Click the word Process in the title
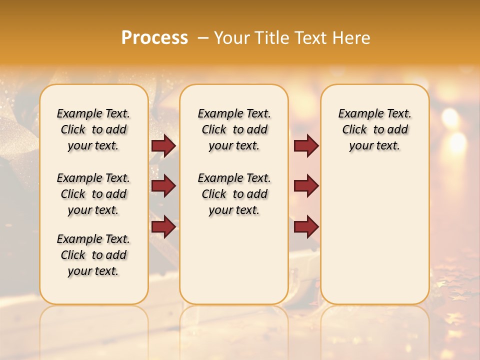click(x=154, y=38)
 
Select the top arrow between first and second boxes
click(x=163, y=146)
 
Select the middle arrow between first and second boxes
click(x=163, y=186)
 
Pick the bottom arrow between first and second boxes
click(x=163, y=227)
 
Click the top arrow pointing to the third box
click(x=306, y=146)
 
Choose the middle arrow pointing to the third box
click(x=306, y=186)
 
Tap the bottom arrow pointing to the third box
click(x=306, y=227)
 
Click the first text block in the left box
click(x=93, y=129)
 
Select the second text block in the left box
click(x=93, y=194)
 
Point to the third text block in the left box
click(x=93, y=255)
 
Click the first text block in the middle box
click(x=234, y=129)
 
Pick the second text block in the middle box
click(x=234, y=194)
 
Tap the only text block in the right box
click(x=375, y=129)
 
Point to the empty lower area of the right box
click(x=375, y=240)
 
